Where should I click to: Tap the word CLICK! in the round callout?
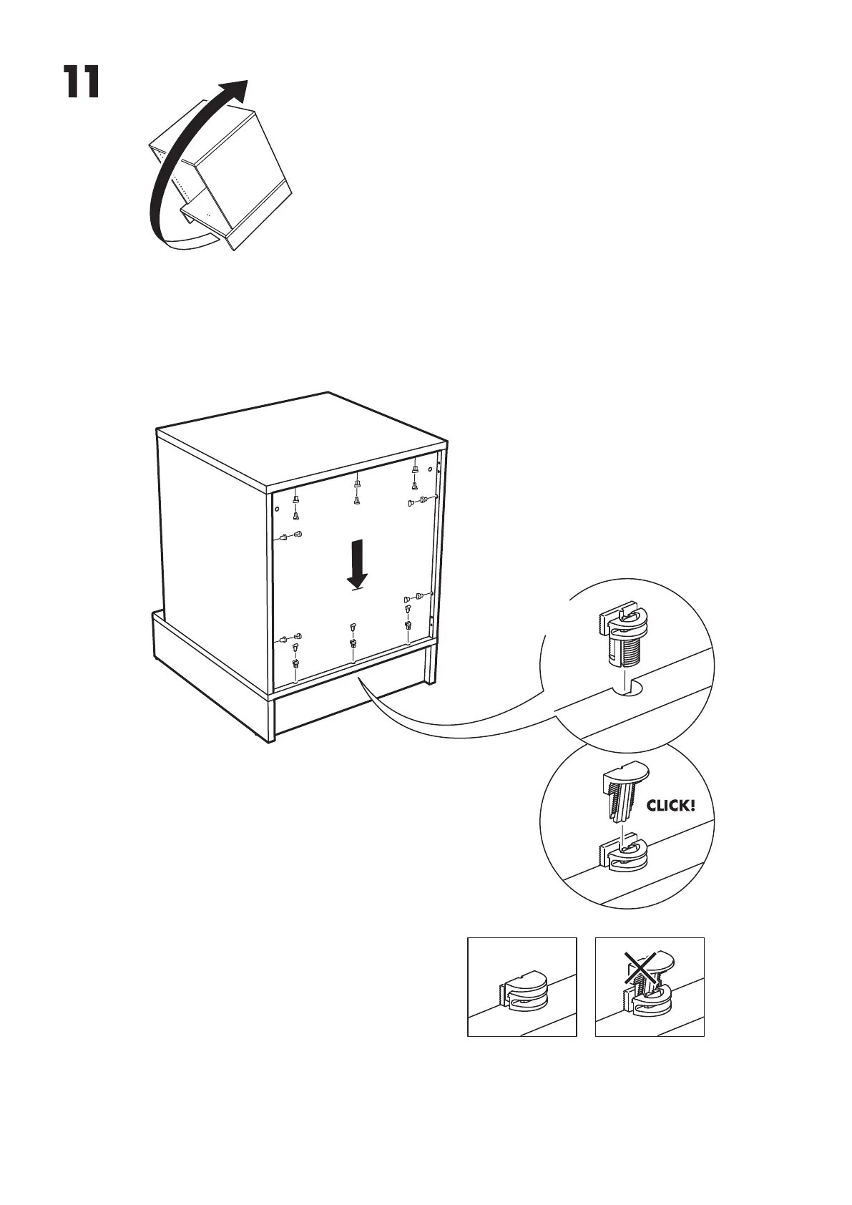pyautogui.click(x=670, y=806)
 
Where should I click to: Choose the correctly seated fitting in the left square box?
pyautogui.click(x=522, y=992)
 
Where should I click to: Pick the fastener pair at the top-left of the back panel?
pyautogui.click(x=295, y=507)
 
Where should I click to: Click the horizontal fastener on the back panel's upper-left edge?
pyautogui.click(x=291, y=535)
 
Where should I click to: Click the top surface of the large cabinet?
pyautogui.click(x=300, y=436)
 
